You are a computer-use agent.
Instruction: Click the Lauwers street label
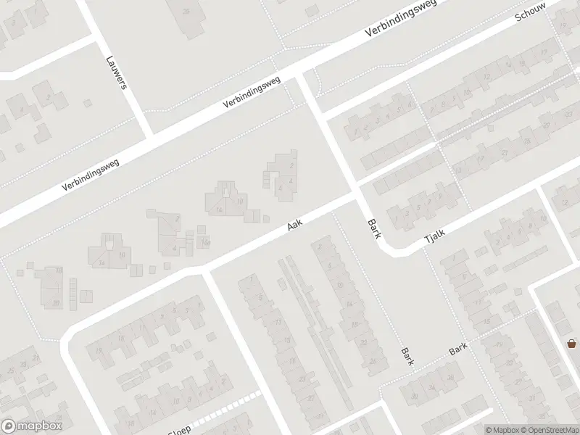(117, 73)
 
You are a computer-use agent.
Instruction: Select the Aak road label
(294, 227)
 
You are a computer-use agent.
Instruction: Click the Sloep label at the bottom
(180, 429)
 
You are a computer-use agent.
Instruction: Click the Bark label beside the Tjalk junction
(373, 231)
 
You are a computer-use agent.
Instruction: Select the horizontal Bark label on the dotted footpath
(458, 349)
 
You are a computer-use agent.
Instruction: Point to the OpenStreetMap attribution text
(550, 429)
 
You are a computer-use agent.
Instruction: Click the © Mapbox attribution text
(504, 429)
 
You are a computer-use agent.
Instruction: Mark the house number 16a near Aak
(205, 241)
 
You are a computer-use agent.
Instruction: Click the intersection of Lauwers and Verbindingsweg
(151, 136)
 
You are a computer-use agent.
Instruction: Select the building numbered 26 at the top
(187, 12)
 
